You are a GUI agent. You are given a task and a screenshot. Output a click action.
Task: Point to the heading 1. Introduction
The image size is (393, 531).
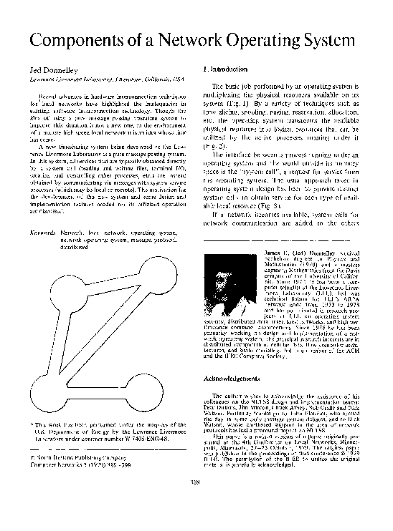226,69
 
